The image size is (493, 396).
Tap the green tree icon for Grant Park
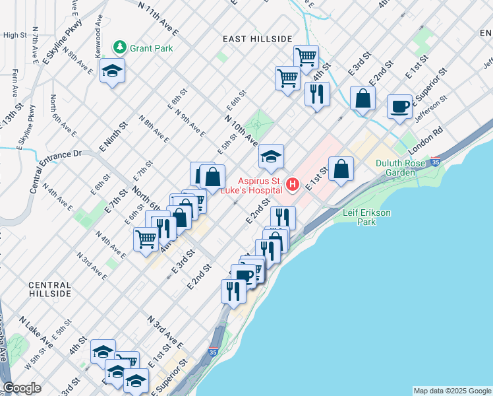[120, 47]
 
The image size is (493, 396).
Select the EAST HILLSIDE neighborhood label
[257, 39]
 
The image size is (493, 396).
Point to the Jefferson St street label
[430, 105]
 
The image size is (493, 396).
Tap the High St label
[14, 35]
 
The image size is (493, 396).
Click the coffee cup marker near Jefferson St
[399, 106]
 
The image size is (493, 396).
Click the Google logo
[22, 388]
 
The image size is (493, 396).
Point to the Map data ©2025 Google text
[451, 391]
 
